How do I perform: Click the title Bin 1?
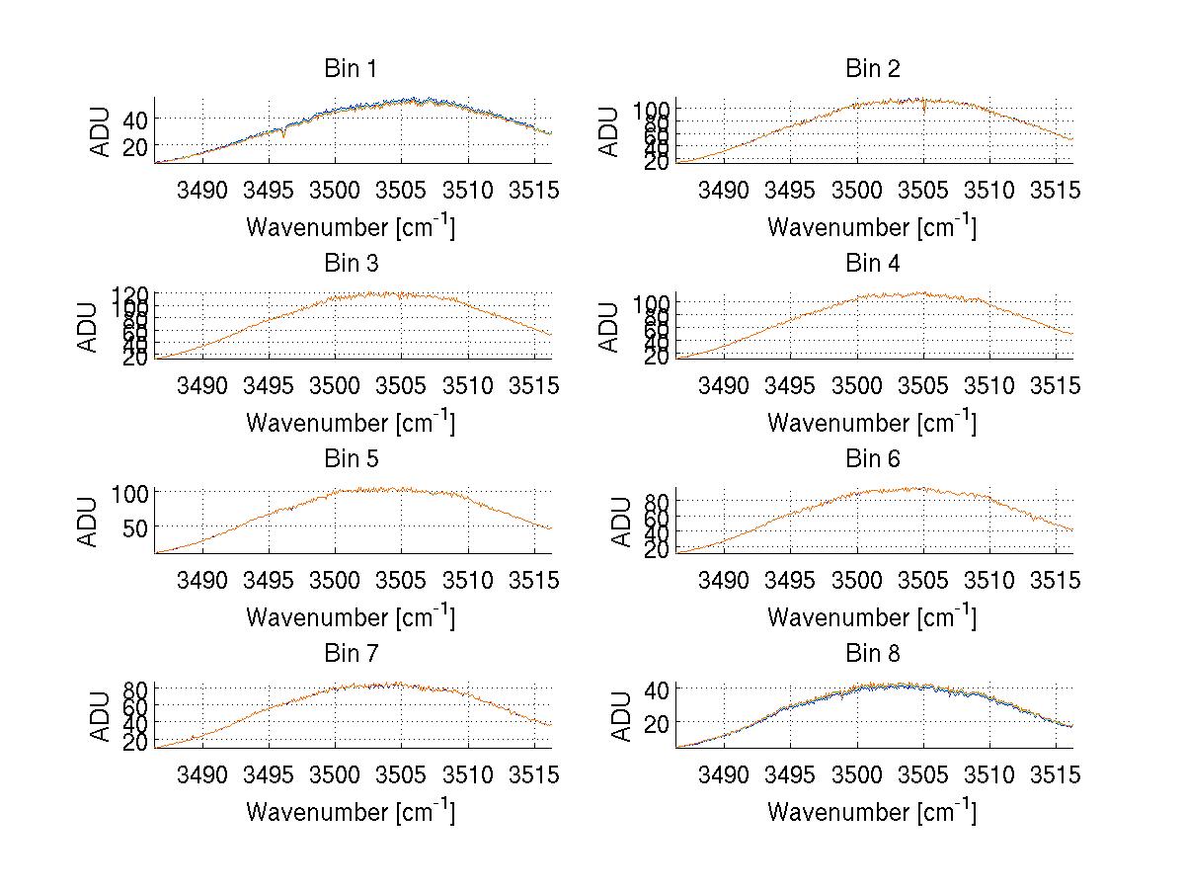351,69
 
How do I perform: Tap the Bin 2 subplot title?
872,69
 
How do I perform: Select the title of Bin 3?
351,264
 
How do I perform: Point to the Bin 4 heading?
872,264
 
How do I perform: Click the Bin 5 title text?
351,459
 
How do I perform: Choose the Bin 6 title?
872,459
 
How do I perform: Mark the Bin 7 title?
351,654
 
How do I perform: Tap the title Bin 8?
872,654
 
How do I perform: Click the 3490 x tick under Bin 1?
202,191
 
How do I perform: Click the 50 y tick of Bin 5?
134,527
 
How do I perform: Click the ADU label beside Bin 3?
88,327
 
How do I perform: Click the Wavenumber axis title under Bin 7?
351,811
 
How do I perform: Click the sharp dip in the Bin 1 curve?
284,134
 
